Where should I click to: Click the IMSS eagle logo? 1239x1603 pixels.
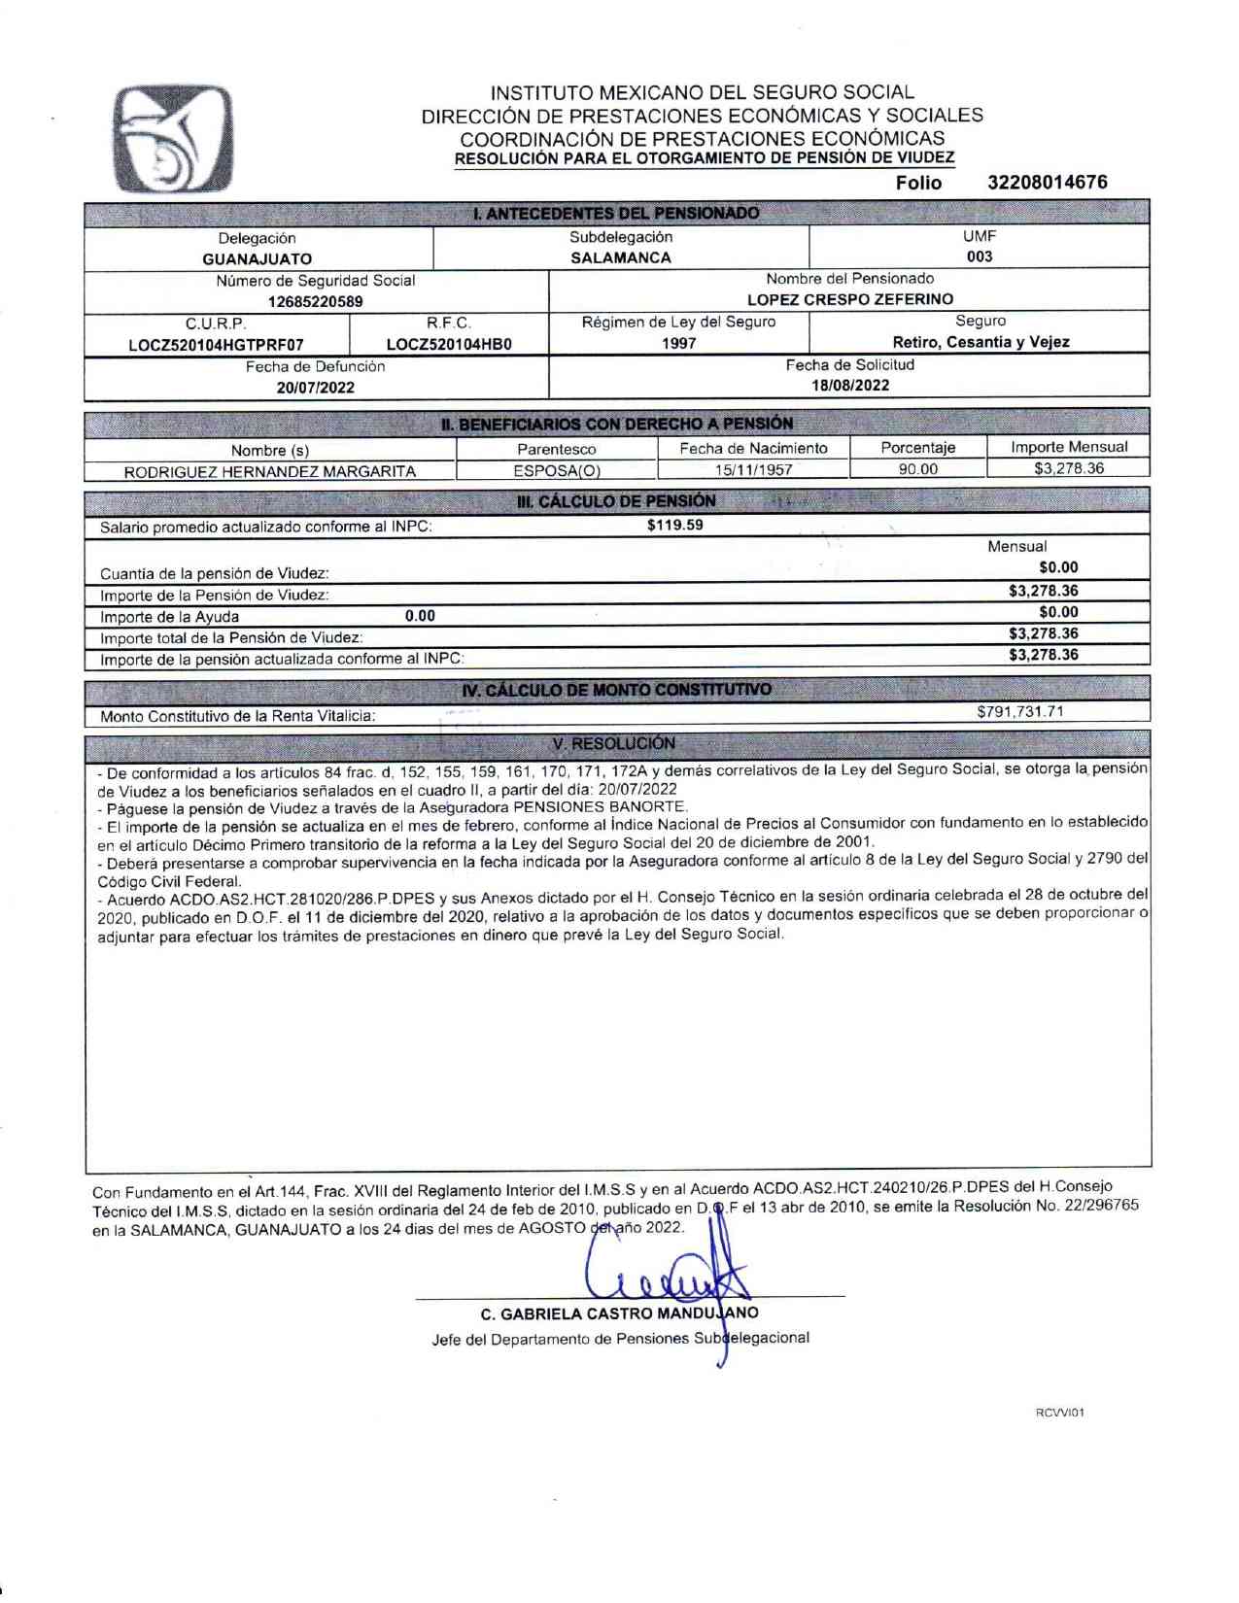click(x=173, y=139)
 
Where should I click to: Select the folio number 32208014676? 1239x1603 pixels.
click(x=1047, y=183)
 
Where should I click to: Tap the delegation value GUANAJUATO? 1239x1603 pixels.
click(x=258, y=259)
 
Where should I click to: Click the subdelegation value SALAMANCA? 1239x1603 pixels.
click(x=621, y=258)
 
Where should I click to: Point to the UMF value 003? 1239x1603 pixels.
click(x=980, y=257)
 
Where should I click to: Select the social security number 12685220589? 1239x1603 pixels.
click(x=316, y=302)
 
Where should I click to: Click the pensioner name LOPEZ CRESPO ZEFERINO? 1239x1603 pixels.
click(x=850, y=300)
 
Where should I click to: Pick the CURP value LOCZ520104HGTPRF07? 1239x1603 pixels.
click(x=216, y=345)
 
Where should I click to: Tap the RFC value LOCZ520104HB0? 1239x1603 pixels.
click(x=449, y=345)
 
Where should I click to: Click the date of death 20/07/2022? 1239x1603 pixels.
click(x=316, y=388)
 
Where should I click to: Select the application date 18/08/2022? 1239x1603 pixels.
click(x=850, y=386)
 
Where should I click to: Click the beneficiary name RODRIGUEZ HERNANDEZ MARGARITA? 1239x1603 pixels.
click(x=270, y=472)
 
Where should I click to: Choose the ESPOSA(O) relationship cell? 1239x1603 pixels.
click(x=557, y=471)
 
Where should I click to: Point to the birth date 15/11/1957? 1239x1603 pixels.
click(x=753, y=470)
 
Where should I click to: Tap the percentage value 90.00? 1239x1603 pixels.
click(x=918, y=469)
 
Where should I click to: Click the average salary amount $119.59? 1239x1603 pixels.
click(x=675, y=526)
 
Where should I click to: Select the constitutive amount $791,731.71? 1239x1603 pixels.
click(x=1020, y=712)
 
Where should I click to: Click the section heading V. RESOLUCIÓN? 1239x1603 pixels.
click(x=613, y=744)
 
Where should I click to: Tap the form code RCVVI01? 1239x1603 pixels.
click(x=1060, y=1413)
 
